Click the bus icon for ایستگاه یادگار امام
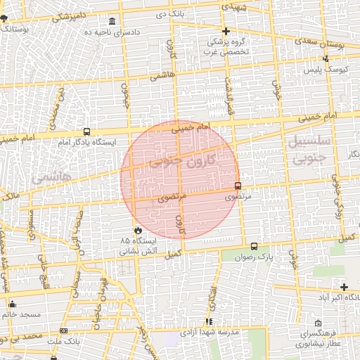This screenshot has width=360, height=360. pyautogui.click(x=86, y=131)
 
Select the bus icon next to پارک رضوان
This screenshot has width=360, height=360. pyautogui.click(x=254, y=247)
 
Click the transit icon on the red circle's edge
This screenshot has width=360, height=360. pyautogui.click(x=237, y=186)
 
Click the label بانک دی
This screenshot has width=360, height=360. pyautogui.click(x=172, y=13)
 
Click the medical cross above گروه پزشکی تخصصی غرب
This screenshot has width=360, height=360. pyautogui.click(x=226, y=31)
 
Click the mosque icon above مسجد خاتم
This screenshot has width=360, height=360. pyautogui.click(x=12, y=304)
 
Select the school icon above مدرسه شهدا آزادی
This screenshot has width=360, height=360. pyautogui.click(x=209, y=321)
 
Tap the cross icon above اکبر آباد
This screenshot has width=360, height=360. pyautogui.click(x=344, y=286)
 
